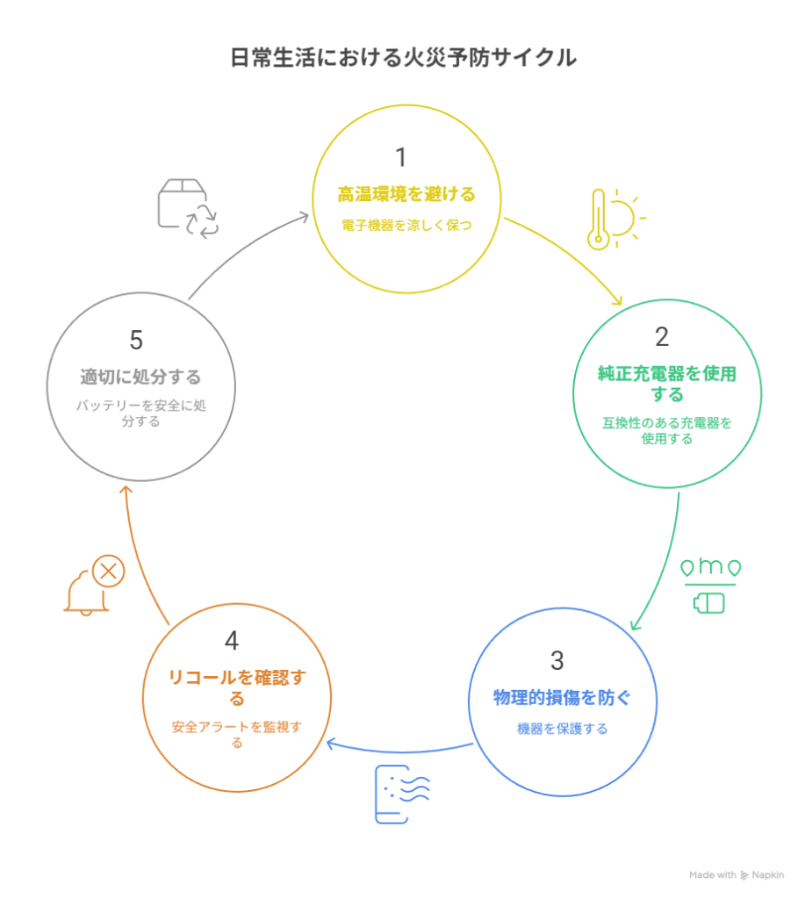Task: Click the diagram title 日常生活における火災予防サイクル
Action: [403, 57]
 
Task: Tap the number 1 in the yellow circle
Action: [401, 157]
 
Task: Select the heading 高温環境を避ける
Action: [406, 194]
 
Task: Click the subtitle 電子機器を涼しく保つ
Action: [406, 226]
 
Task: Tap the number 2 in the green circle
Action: [662, 336]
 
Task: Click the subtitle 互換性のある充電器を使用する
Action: [667, 430]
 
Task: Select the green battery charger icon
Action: [710, 586]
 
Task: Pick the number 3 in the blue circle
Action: [557, 660]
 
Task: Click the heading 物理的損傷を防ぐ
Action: [562, 698]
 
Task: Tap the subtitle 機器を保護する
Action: [562, 729]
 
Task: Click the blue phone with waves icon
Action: [402, 794]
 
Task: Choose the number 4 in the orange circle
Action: [232, 640]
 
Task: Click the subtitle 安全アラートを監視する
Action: [237, 735]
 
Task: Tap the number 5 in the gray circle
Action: [136, 340]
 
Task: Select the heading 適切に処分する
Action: [140, 378]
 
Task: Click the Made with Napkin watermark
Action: [737, 875]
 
